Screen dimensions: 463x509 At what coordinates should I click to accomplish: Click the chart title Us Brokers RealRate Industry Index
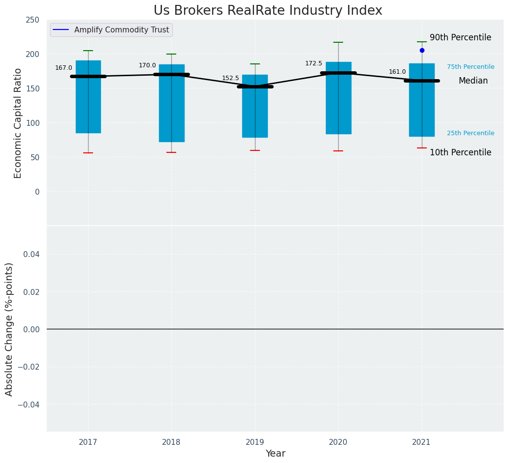click(268, 11)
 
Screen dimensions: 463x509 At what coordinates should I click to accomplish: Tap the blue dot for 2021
click(422, 50)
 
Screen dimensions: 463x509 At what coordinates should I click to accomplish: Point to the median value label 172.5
click(314, 63)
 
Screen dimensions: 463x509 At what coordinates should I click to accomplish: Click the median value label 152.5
click(230, 78)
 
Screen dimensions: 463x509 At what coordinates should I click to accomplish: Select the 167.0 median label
click(64, 68)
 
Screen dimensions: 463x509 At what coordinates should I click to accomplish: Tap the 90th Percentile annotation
click(460, 38)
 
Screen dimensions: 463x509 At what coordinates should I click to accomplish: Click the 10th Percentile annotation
click(460, 152)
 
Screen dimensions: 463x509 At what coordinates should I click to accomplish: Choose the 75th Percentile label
click(471, 67)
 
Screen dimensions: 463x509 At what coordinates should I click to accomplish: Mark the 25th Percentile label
click(471, 133)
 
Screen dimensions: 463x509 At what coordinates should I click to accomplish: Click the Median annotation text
click(473, 81)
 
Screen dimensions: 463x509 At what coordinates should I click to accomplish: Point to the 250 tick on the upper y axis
click(33, 20)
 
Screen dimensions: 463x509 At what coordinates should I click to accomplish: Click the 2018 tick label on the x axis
click(171, 442)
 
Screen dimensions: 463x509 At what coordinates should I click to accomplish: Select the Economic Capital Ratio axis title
click(18, 123)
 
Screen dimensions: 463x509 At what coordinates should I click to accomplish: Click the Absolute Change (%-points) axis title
click(9, 329)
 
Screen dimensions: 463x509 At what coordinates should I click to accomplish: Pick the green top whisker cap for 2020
click(338, 42)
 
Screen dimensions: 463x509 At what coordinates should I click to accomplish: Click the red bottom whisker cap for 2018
click(171, 152)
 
